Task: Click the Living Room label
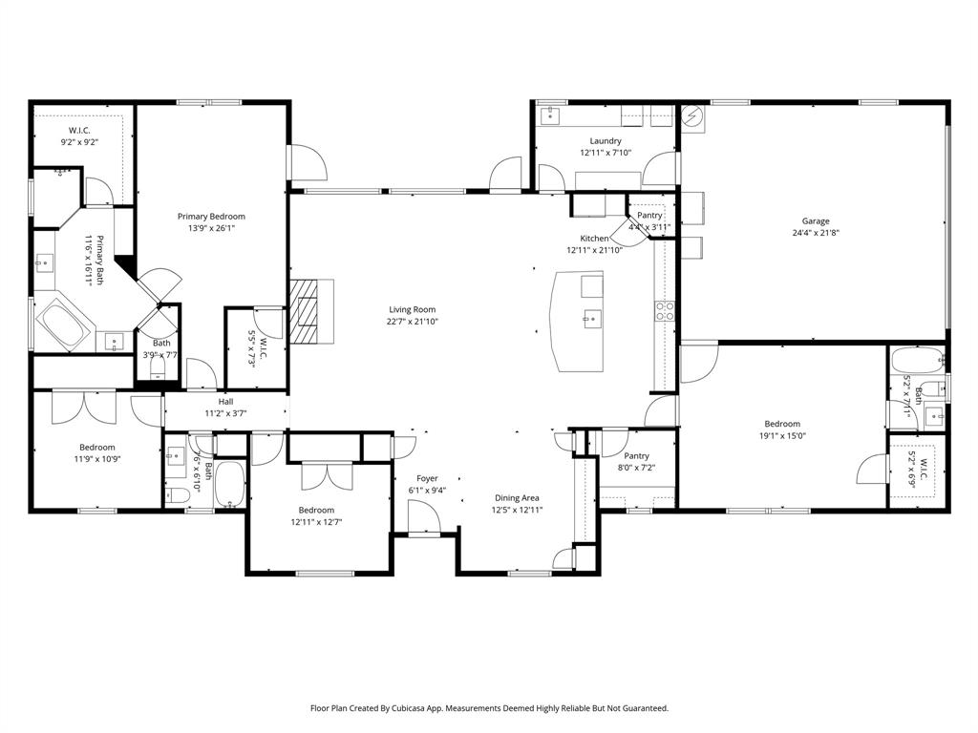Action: pos(412,309)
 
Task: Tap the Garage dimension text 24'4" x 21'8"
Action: pos(816,233)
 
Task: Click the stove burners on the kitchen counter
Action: pos(664,310)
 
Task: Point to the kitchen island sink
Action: pos(591,318)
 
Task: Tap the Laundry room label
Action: pos(606,140)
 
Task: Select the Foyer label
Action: pos(427,478)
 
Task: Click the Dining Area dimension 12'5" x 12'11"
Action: pos(517,510)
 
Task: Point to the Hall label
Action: pos(225,402)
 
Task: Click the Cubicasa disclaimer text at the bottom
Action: pos(489,708)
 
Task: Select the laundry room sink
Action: pos(550,115)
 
